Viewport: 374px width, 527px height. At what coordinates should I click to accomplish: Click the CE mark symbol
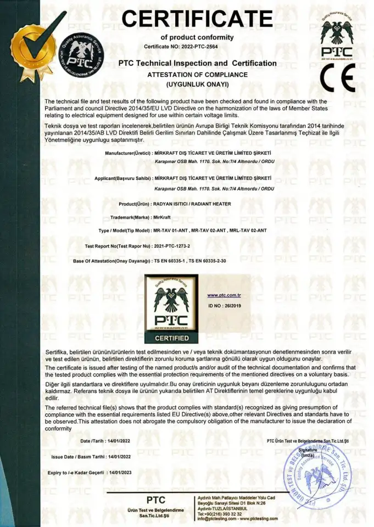pyautogui.click(x=338, y=77)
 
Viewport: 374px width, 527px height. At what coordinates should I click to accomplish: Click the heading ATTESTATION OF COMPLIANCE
pyautogui.click(x=198, y=74)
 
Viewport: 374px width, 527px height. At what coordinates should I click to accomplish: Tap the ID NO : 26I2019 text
pyautogui.click(x=223, y=305)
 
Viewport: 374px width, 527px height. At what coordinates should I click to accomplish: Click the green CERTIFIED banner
pyautogui.click(x=171, y=338)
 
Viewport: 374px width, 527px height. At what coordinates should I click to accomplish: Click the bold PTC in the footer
pyautogui.click(x=156, y=500)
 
